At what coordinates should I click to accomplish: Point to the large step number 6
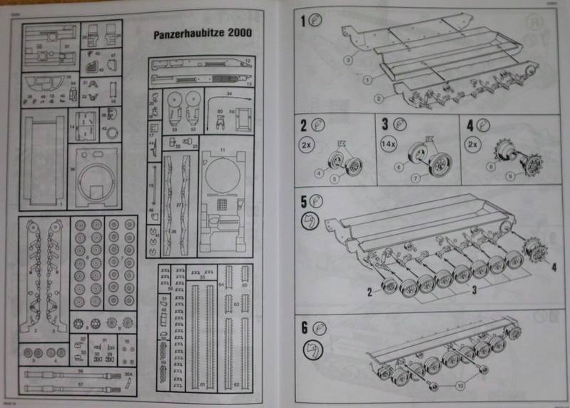coord(304,328)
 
